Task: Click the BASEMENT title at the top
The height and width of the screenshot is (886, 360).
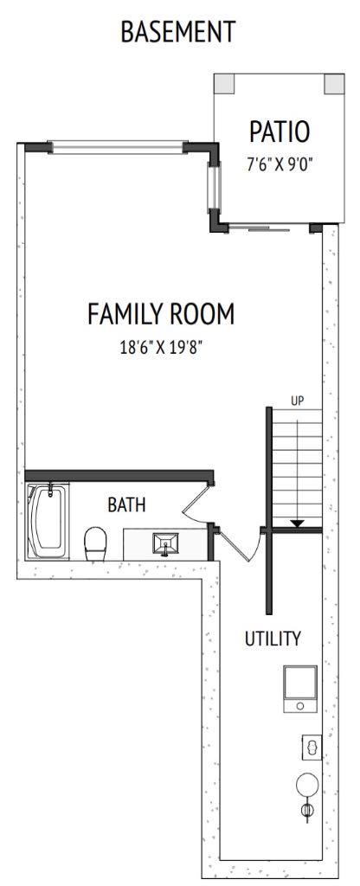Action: [x=177, y=32]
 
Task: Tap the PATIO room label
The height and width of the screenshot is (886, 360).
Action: [x=279, y=132]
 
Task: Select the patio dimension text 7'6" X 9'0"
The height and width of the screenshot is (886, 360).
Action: [x=279, y=164]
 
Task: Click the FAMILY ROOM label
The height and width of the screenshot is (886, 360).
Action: [x=161, y=314]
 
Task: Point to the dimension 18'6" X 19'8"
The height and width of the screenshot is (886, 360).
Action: [x=161, y=348]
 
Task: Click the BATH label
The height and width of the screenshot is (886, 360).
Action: [x=126, y=504]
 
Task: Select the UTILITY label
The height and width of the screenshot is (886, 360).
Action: [x=273, y=639]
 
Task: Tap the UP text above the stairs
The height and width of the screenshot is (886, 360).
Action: [x=297, y=401]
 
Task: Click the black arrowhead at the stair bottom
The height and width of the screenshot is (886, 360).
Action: [x=297, y=523]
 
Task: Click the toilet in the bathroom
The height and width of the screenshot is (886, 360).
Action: [x=94, y=544]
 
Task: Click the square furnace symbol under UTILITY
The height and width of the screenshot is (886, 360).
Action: [x=299, y=689]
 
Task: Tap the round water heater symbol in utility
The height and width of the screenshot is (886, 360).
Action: [x=306, y=785]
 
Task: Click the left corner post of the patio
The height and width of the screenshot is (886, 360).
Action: [x=225, y=83]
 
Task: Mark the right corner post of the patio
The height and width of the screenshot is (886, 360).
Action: [x=333, y=83]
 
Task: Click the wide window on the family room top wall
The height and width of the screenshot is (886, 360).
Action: [x=117, y=148]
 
